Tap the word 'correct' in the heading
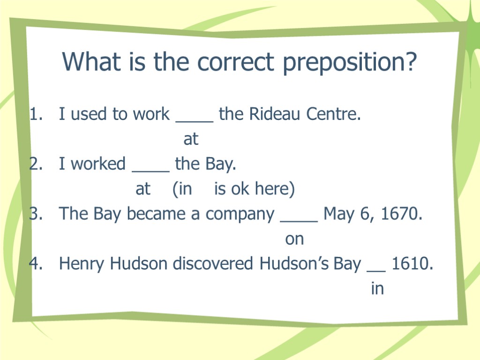236,62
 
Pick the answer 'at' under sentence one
191,139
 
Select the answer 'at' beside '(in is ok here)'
143,189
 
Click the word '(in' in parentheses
182,189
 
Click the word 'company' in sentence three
240,215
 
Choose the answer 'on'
294,240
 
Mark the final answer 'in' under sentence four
377,289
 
